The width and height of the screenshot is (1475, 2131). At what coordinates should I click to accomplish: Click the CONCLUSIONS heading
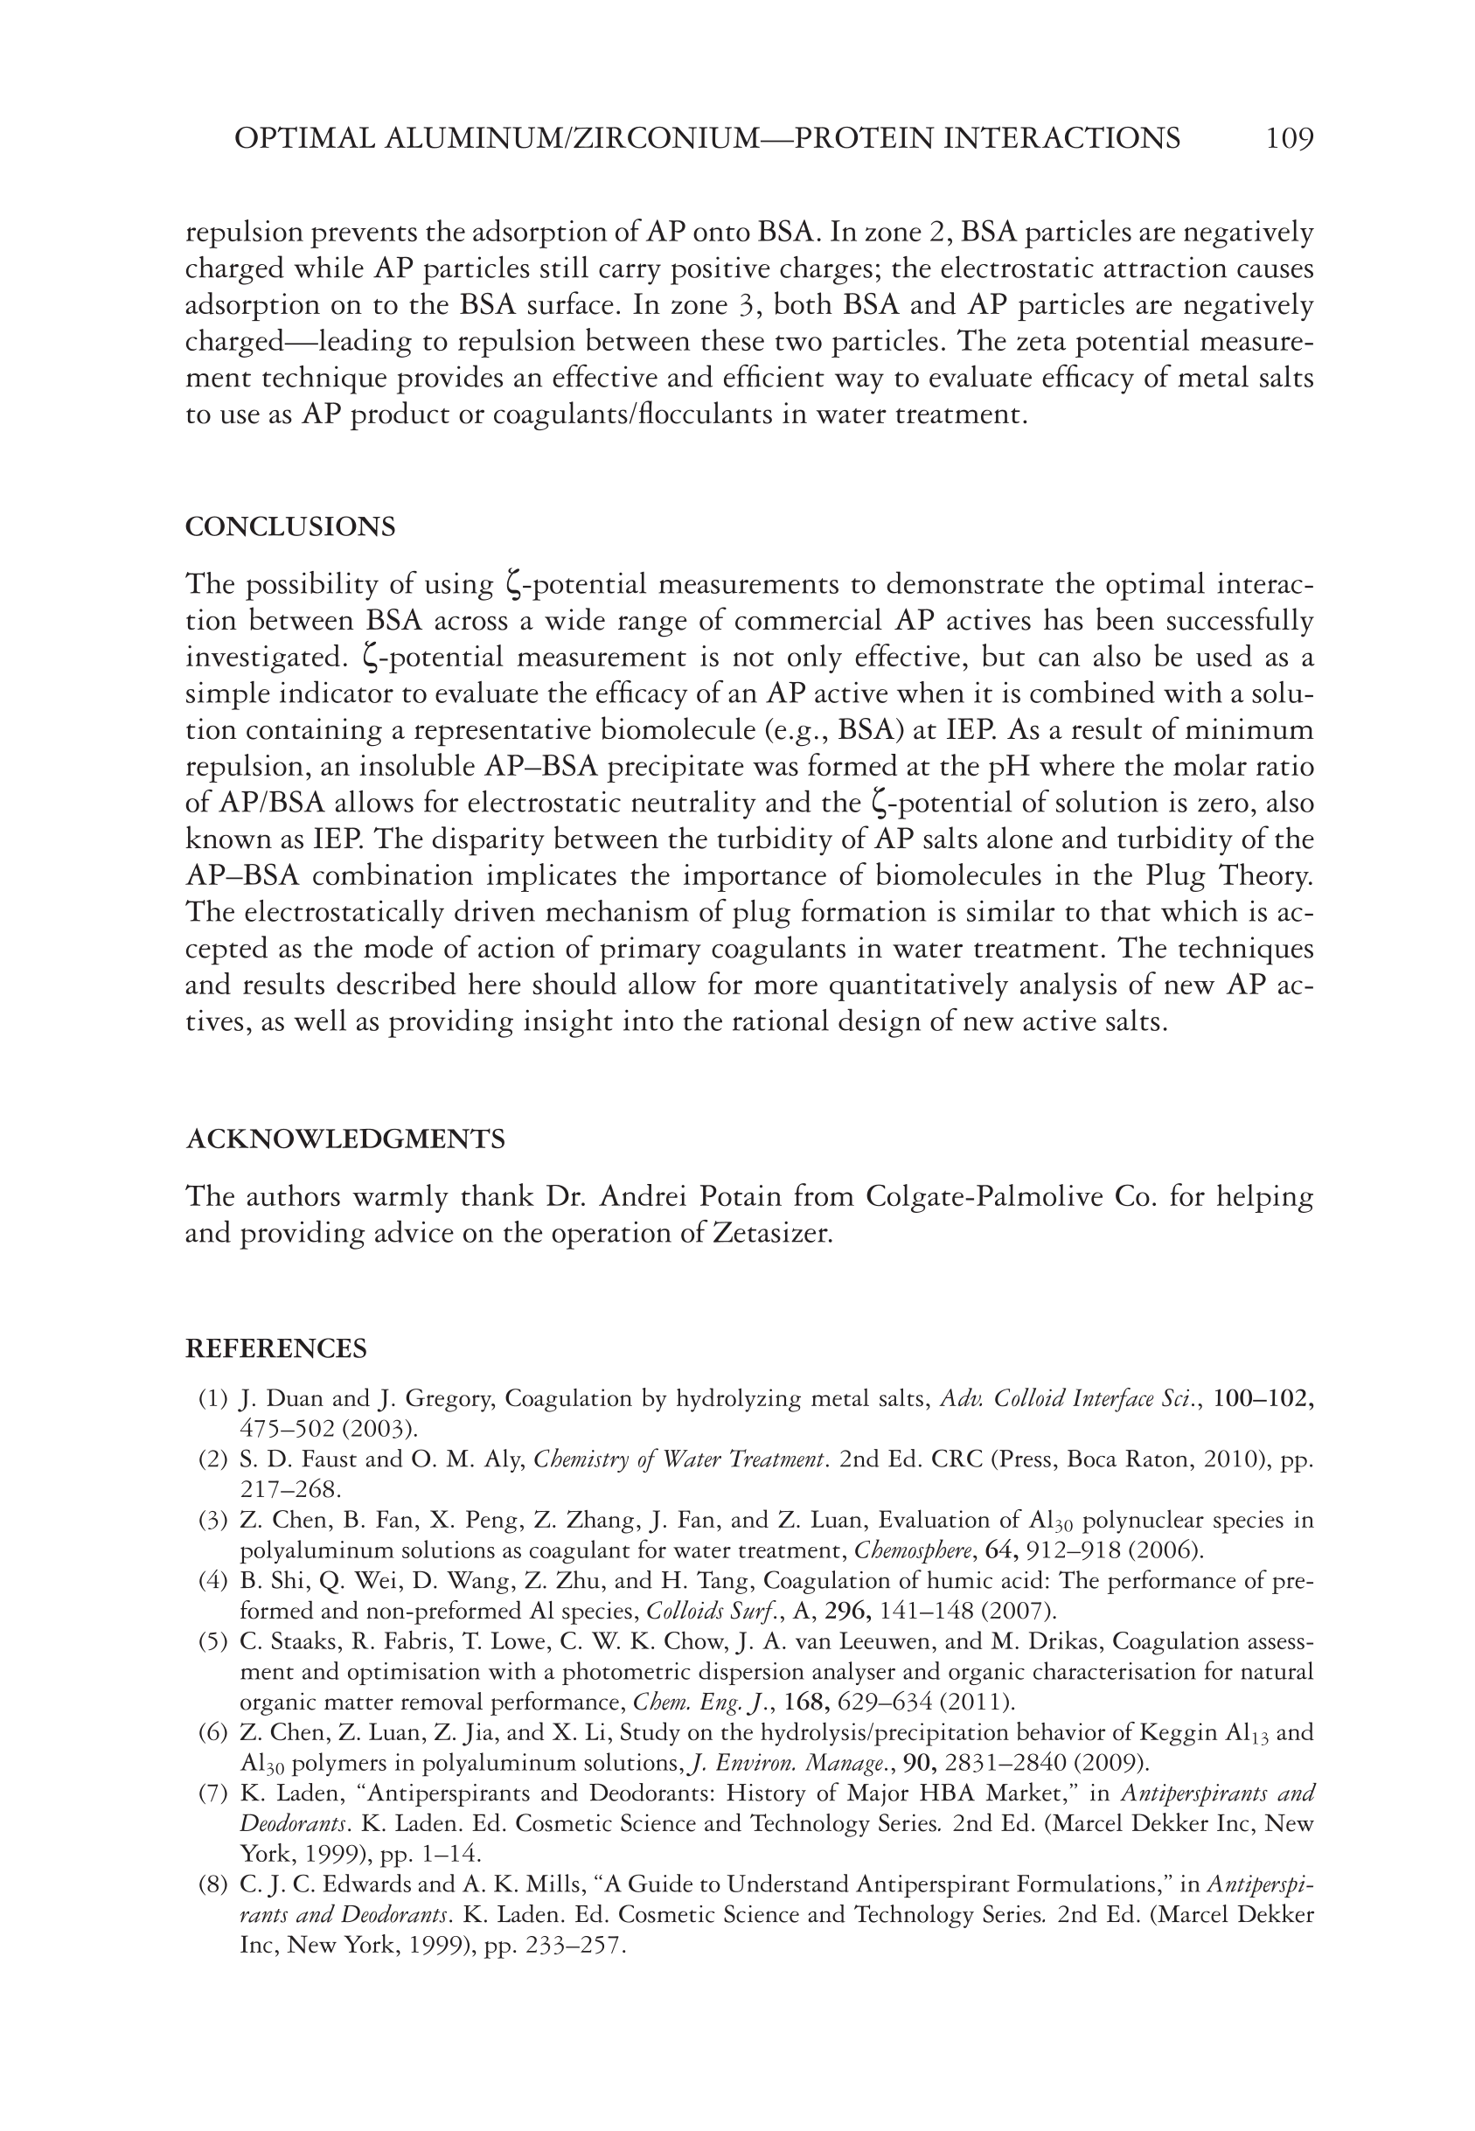[x=290, y=527]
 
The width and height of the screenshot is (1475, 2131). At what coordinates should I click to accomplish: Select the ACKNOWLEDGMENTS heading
[x=345, y=1139]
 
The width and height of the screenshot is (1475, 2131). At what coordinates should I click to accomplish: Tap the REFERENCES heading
[x=276, y=1349]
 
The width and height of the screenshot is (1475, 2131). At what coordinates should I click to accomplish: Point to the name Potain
[x=750, y=1198]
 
